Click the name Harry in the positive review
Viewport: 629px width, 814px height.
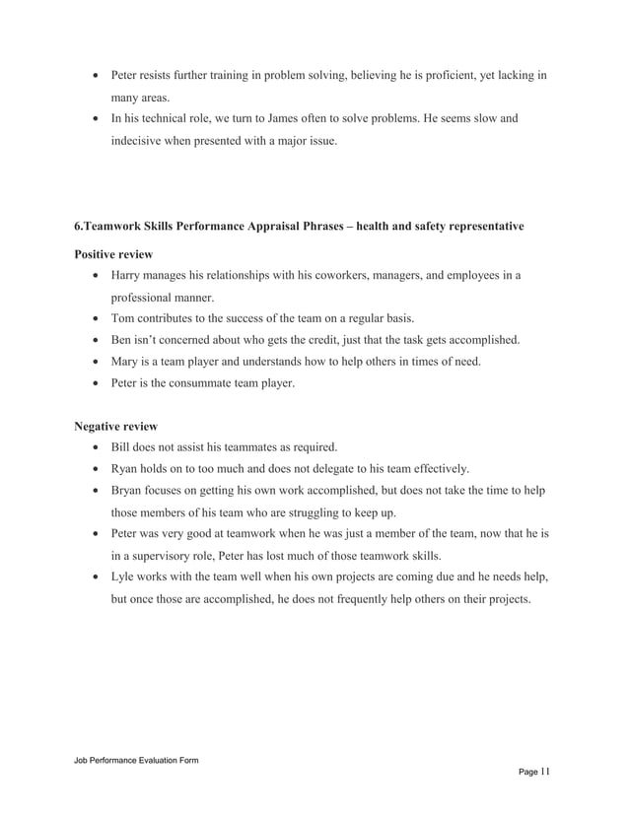127,275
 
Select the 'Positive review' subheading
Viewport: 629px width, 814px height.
113,254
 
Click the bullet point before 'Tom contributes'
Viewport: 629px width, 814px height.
94,318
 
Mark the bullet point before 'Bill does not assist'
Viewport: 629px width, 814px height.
94,447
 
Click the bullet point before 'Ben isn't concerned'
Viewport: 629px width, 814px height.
94,340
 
